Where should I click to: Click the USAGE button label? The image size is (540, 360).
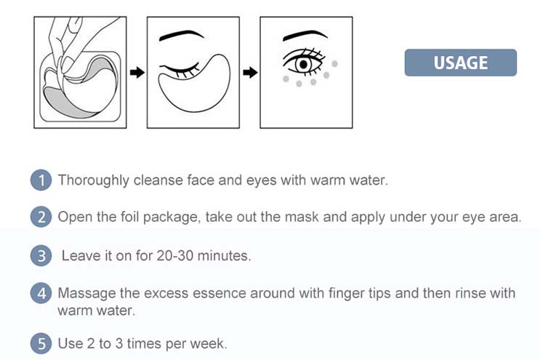pos(461,63)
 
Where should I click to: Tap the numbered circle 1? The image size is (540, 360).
pos(41,180)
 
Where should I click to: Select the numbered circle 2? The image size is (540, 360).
pos(41,217)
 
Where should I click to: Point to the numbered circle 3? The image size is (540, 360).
pos(41,256)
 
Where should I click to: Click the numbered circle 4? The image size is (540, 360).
pos(41,293)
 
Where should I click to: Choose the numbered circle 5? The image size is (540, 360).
pos(41,343)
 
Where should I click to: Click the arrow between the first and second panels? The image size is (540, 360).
pos(137,72)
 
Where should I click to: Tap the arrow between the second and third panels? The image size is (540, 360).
pos(250,72)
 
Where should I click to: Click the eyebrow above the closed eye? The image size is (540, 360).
pos(182,35)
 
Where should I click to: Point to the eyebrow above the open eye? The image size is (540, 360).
pos(305,35)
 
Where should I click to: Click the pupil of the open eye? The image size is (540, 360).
pos(304,65)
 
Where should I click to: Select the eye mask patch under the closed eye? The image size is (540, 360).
pos(195,85)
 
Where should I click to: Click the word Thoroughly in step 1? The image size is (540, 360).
pos(93,180)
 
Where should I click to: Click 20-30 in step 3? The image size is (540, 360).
pos(175,255)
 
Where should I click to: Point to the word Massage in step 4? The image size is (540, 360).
pos(86,294)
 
